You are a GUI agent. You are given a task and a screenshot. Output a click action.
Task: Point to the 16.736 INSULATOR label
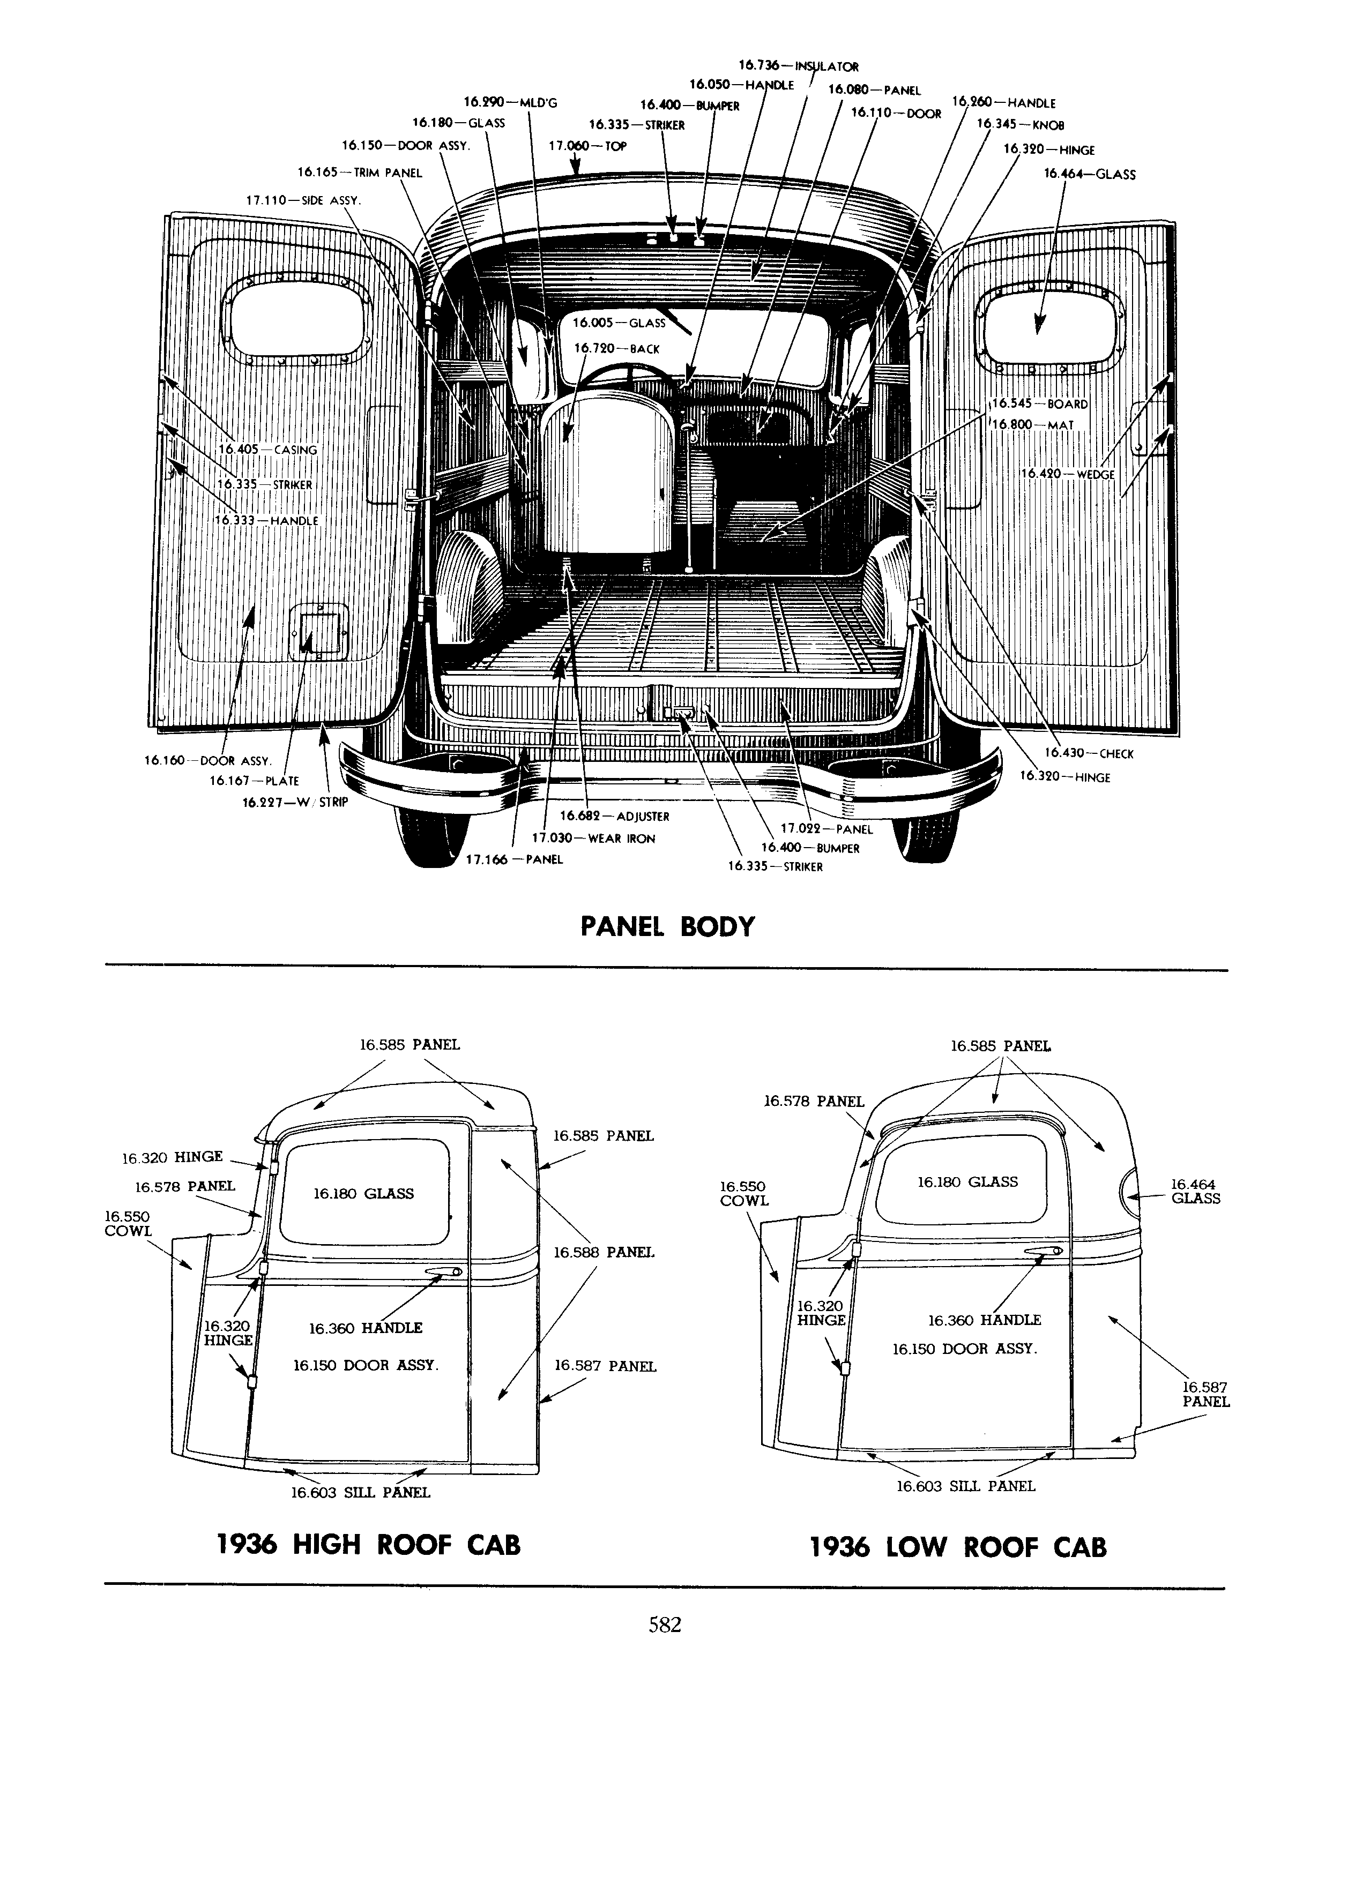[x=799, y=66]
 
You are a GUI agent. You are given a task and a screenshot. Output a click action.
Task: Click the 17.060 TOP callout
[x=587, y=146]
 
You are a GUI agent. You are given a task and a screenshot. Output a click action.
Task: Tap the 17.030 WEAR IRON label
[x=593, y=838]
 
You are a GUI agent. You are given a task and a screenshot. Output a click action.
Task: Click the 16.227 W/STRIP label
[x=295, y=803]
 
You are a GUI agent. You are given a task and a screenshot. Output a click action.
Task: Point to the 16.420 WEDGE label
[x=1068, y=473]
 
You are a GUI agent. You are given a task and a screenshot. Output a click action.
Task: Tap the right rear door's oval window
[x=1052, y=325]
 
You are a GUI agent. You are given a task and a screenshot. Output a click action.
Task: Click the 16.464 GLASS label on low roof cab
[x=1195, y=1191]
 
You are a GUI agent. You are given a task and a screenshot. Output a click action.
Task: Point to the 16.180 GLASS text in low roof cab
[x=967, y=1181]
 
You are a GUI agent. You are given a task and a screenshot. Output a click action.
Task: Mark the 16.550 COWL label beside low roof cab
[x=744, y=1193]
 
